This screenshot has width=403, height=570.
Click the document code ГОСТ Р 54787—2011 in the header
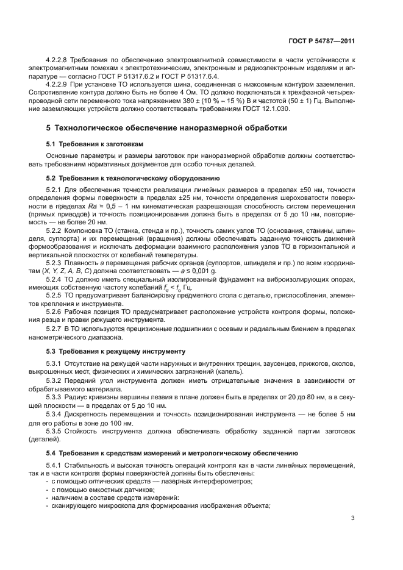[322, 41]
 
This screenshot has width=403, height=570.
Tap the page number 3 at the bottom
[352, 519]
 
